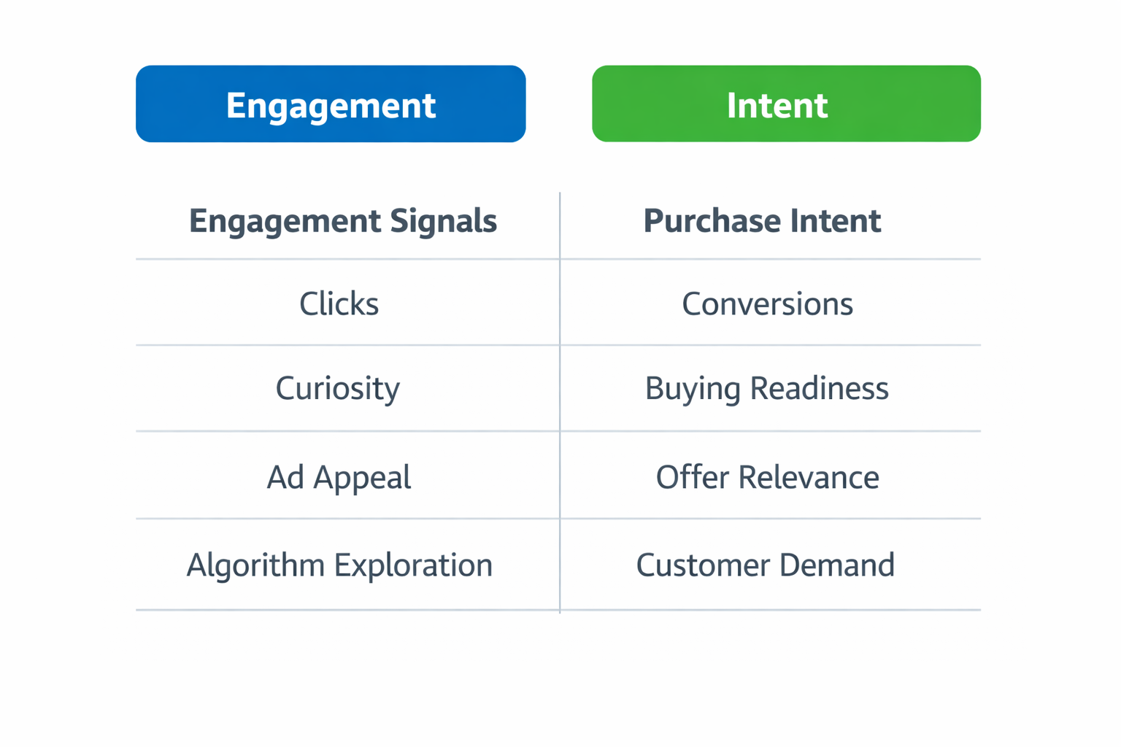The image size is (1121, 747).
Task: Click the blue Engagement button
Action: pos(331,104)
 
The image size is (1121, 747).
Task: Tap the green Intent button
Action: pos(786,104)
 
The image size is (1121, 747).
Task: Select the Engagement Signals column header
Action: pos(343,221)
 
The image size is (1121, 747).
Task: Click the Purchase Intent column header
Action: pos(762,221)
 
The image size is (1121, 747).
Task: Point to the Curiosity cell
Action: pos(338,388)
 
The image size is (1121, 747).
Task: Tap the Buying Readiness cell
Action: pos(766,388)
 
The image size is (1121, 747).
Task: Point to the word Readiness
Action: pos(819,388)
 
